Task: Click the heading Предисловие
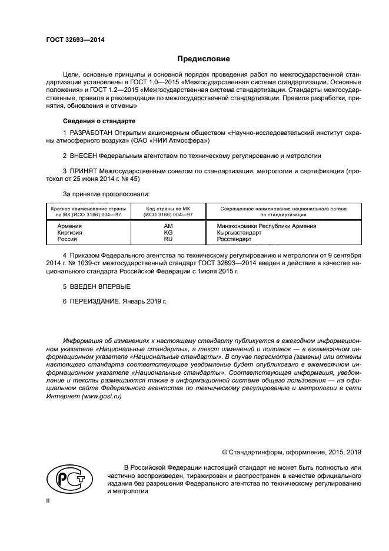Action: click(204, 59)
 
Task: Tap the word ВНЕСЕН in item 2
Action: click(82, 156)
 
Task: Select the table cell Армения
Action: click(69, 226)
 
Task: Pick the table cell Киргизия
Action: click(69, 233)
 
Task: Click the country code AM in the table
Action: click(168, 226)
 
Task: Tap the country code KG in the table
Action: click(168, 233)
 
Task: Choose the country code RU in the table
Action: click(168, 240)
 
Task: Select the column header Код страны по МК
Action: click(168, 209)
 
